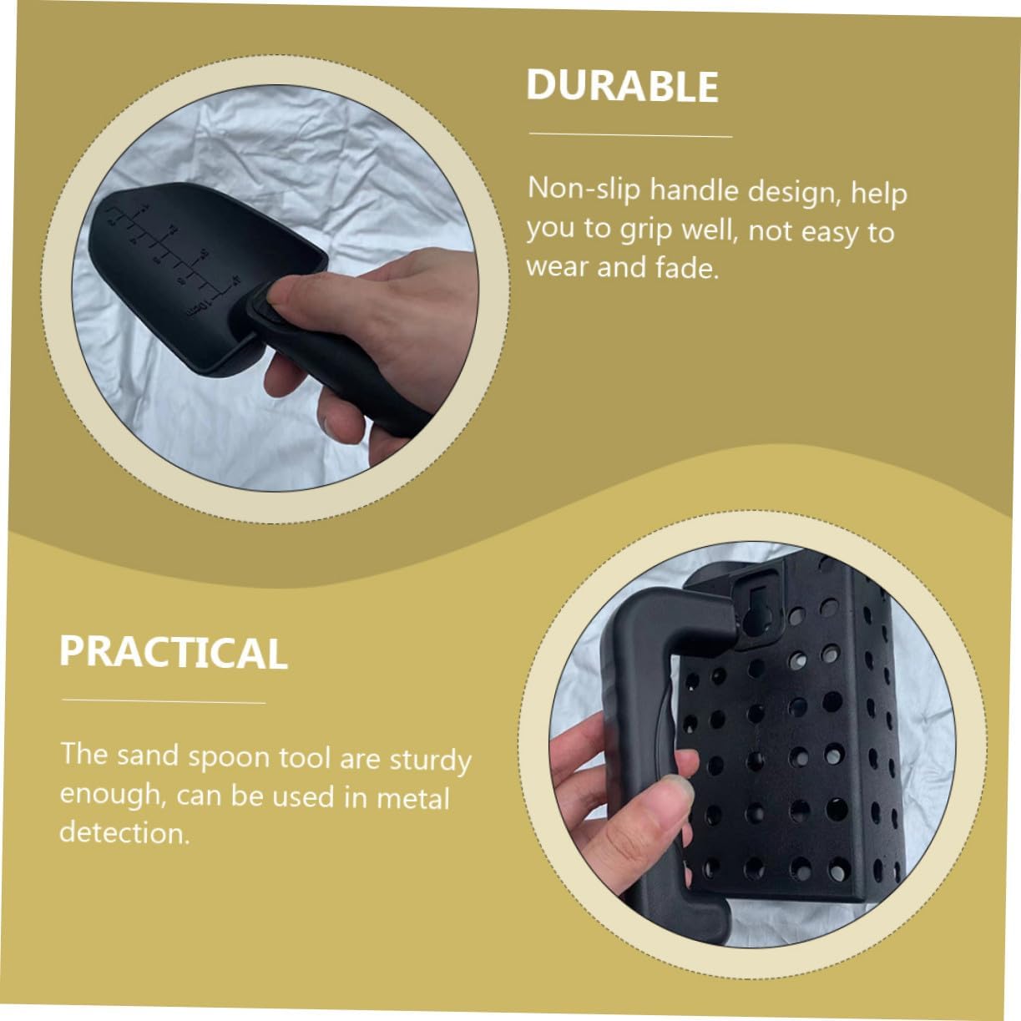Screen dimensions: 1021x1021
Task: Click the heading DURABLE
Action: coord(622,85)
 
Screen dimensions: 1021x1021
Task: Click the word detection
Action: coord(124,832)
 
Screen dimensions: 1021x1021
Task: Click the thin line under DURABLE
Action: coord(630,135)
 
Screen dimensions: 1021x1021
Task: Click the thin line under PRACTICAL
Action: coord(164,701)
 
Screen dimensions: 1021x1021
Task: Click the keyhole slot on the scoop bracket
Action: coord(759,610)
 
